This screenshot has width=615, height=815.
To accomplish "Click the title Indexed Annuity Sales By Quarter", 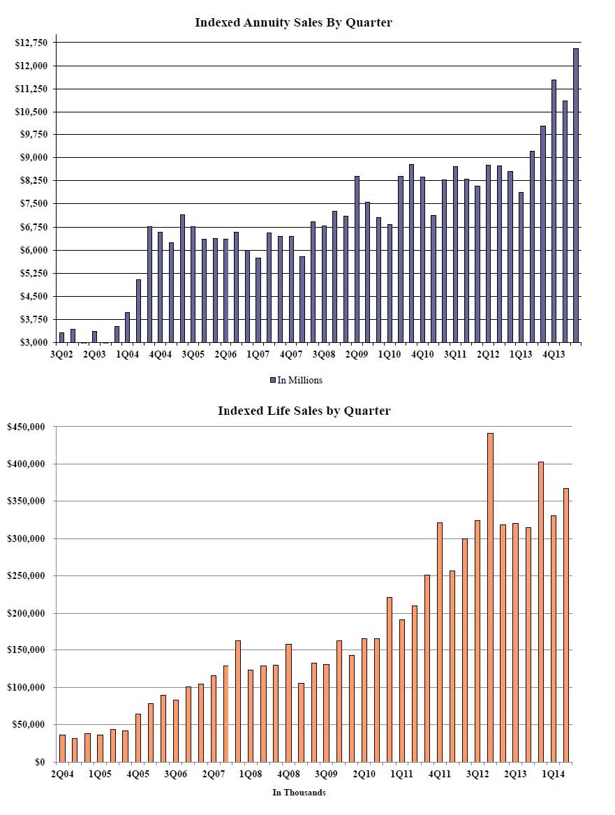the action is coord(293,22).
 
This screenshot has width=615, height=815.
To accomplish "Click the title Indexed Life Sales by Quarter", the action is coord(304,411).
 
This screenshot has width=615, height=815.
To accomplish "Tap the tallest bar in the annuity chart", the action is coord(576,196).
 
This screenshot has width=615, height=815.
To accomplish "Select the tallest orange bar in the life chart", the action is coord(490,598).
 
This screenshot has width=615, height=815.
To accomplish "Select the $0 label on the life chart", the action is coord(40,762).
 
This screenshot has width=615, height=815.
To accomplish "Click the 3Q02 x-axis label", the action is coord(61,355).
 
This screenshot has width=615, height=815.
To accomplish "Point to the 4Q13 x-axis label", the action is coord(554,355).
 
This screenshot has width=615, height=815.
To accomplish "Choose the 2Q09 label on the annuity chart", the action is coord(356,355).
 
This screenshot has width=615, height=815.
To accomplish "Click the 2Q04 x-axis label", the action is coord(62,774).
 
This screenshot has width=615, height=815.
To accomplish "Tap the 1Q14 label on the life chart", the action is coord(553,774).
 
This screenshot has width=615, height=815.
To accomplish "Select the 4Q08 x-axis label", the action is coord(289,774).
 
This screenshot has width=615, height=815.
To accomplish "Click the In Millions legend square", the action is coord(273,381).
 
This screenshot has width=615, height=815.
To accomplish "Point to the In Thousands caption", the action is coord(299,793).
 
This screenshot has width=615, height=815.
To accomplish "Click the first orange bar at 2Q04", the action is coord(62,749).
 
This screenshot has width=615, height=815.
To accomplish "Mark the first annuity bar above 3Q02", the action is coord(62,338).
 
